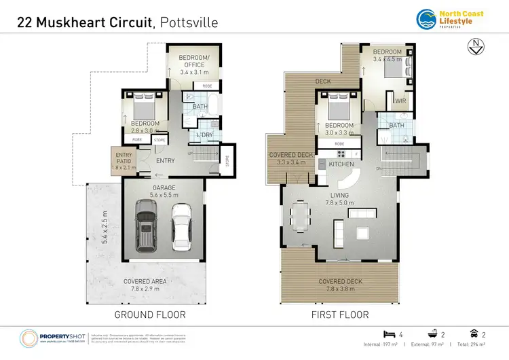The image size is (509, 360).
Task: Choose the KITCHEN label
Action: [342, 165]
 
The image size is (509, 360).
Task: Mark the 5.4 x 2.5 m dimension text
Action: [105, 227]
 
